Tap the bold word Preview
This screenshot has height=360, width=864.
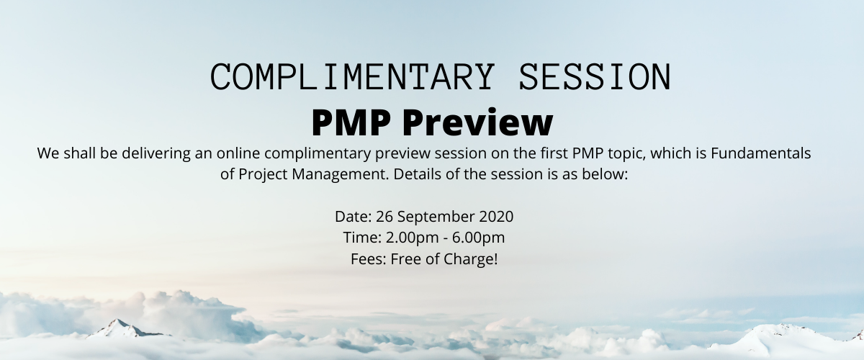point(477,122)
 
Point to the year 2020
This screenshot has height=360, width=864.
point(497,217)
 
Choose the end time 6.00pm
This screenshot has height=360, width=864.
point(485,238)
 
